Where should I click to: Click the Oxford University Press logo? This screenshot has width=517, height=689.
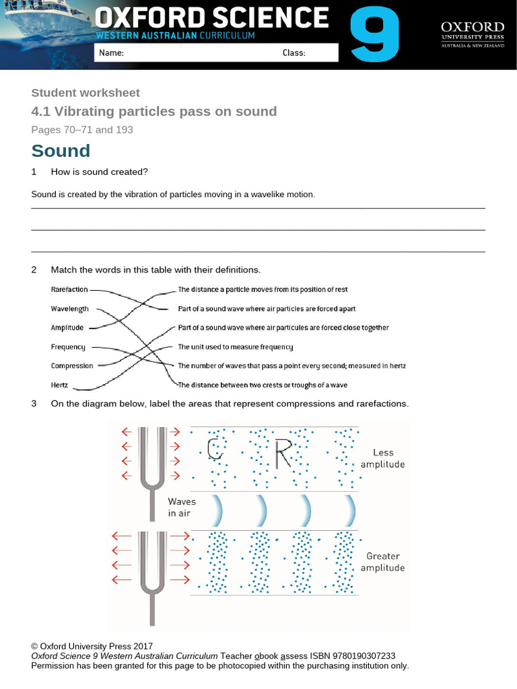click(x=472, y=34)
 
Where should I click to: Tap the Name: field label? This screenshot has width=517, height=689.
click(x=111, y=53)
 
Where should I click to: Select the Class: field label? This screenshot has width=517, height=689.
click(x=294, y=53)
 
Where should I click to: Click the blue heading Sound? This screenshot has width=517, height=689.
click(x=61, y=151)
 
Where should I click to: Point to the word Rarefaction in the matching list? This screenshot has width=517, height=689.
click(x=69, y=289)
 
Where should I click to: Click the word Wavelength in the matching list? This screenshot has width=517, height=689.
click(x=70, y=309)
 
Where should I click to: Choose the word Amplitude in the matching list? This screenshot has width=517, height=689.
click(x=67, y=328)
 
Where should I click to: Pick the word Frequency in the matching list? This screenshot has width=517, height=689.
click(x=68, y=347)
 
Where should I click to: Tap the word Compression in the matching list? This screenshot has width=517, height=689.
click(x=72, y=366)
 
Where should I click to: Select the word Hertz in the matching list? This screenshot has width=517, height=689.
click(x=60, y=385)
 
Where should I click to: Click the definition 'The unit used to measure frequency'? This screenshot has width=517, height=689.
click(x=236, y=347)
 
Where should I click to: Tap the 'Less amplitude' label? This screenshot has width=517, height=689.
click(x=382, y=458)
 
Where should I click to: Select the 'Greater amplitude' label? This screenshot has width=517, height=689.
click(x=382, y=562)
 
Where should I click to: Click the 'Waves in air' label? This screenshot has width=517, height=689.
click(x=182, y=507)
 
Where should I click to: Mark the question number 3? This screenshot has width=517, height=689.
click(x=34, y=404)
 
